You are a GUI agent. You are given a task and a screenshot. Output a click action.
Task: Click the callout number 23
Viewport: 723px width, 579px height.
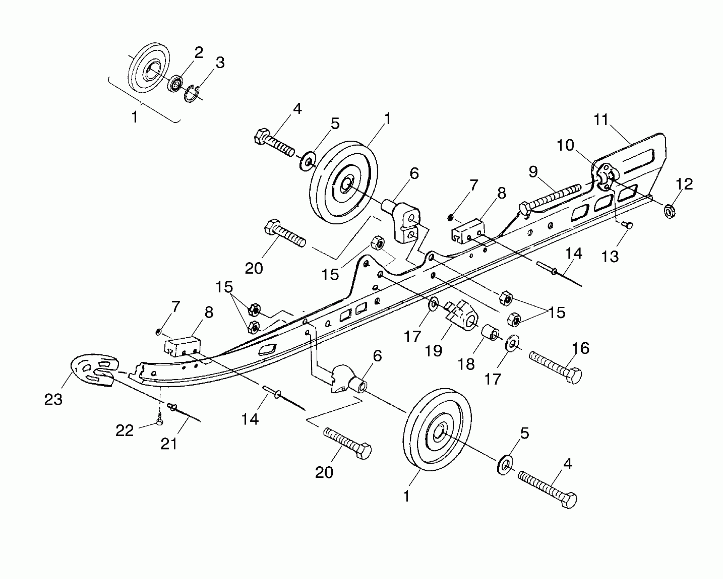coord(53,400)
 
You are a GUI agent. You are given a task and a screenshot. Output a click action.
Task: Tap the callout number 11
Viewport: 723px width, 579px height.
coord(601,120)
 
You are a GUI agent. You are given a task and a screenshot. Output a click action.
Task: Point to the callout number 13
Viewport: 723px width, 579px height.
coord(610,256)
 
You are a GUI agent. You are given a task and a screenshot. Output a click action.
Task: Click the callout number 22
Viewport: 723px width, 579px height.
coord(124,431)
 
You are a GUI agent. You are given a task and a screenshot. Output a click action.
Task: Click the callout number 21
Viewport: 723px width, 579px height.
coord(169,443)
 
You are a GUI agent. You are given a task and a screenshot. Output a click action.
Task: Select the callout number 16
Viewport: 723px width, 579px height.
coord(581,348)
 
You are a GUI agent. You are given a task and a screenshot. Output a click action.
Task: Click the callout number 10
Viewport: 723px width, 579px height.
coord(566,145)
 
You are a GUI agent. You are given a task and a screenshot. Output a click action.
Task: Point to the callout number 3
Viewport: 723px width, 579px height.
coord(220,63)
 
